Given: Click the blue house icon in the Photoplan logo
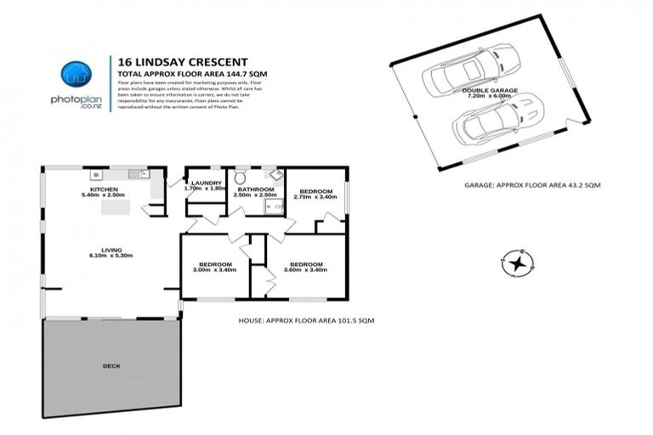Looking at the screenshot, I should point(76,74).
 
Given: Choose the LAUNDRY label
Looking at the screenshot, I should point(207,183).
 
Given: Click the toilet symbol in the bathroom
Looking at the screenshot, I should point(240,177).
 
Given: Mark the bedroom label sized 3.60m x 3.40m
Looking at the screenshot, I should point(305,263).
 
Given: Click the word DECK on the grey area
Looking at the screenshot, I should point(111,366).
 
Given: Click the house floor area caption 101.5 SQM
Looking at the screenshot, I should point(306,320).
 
